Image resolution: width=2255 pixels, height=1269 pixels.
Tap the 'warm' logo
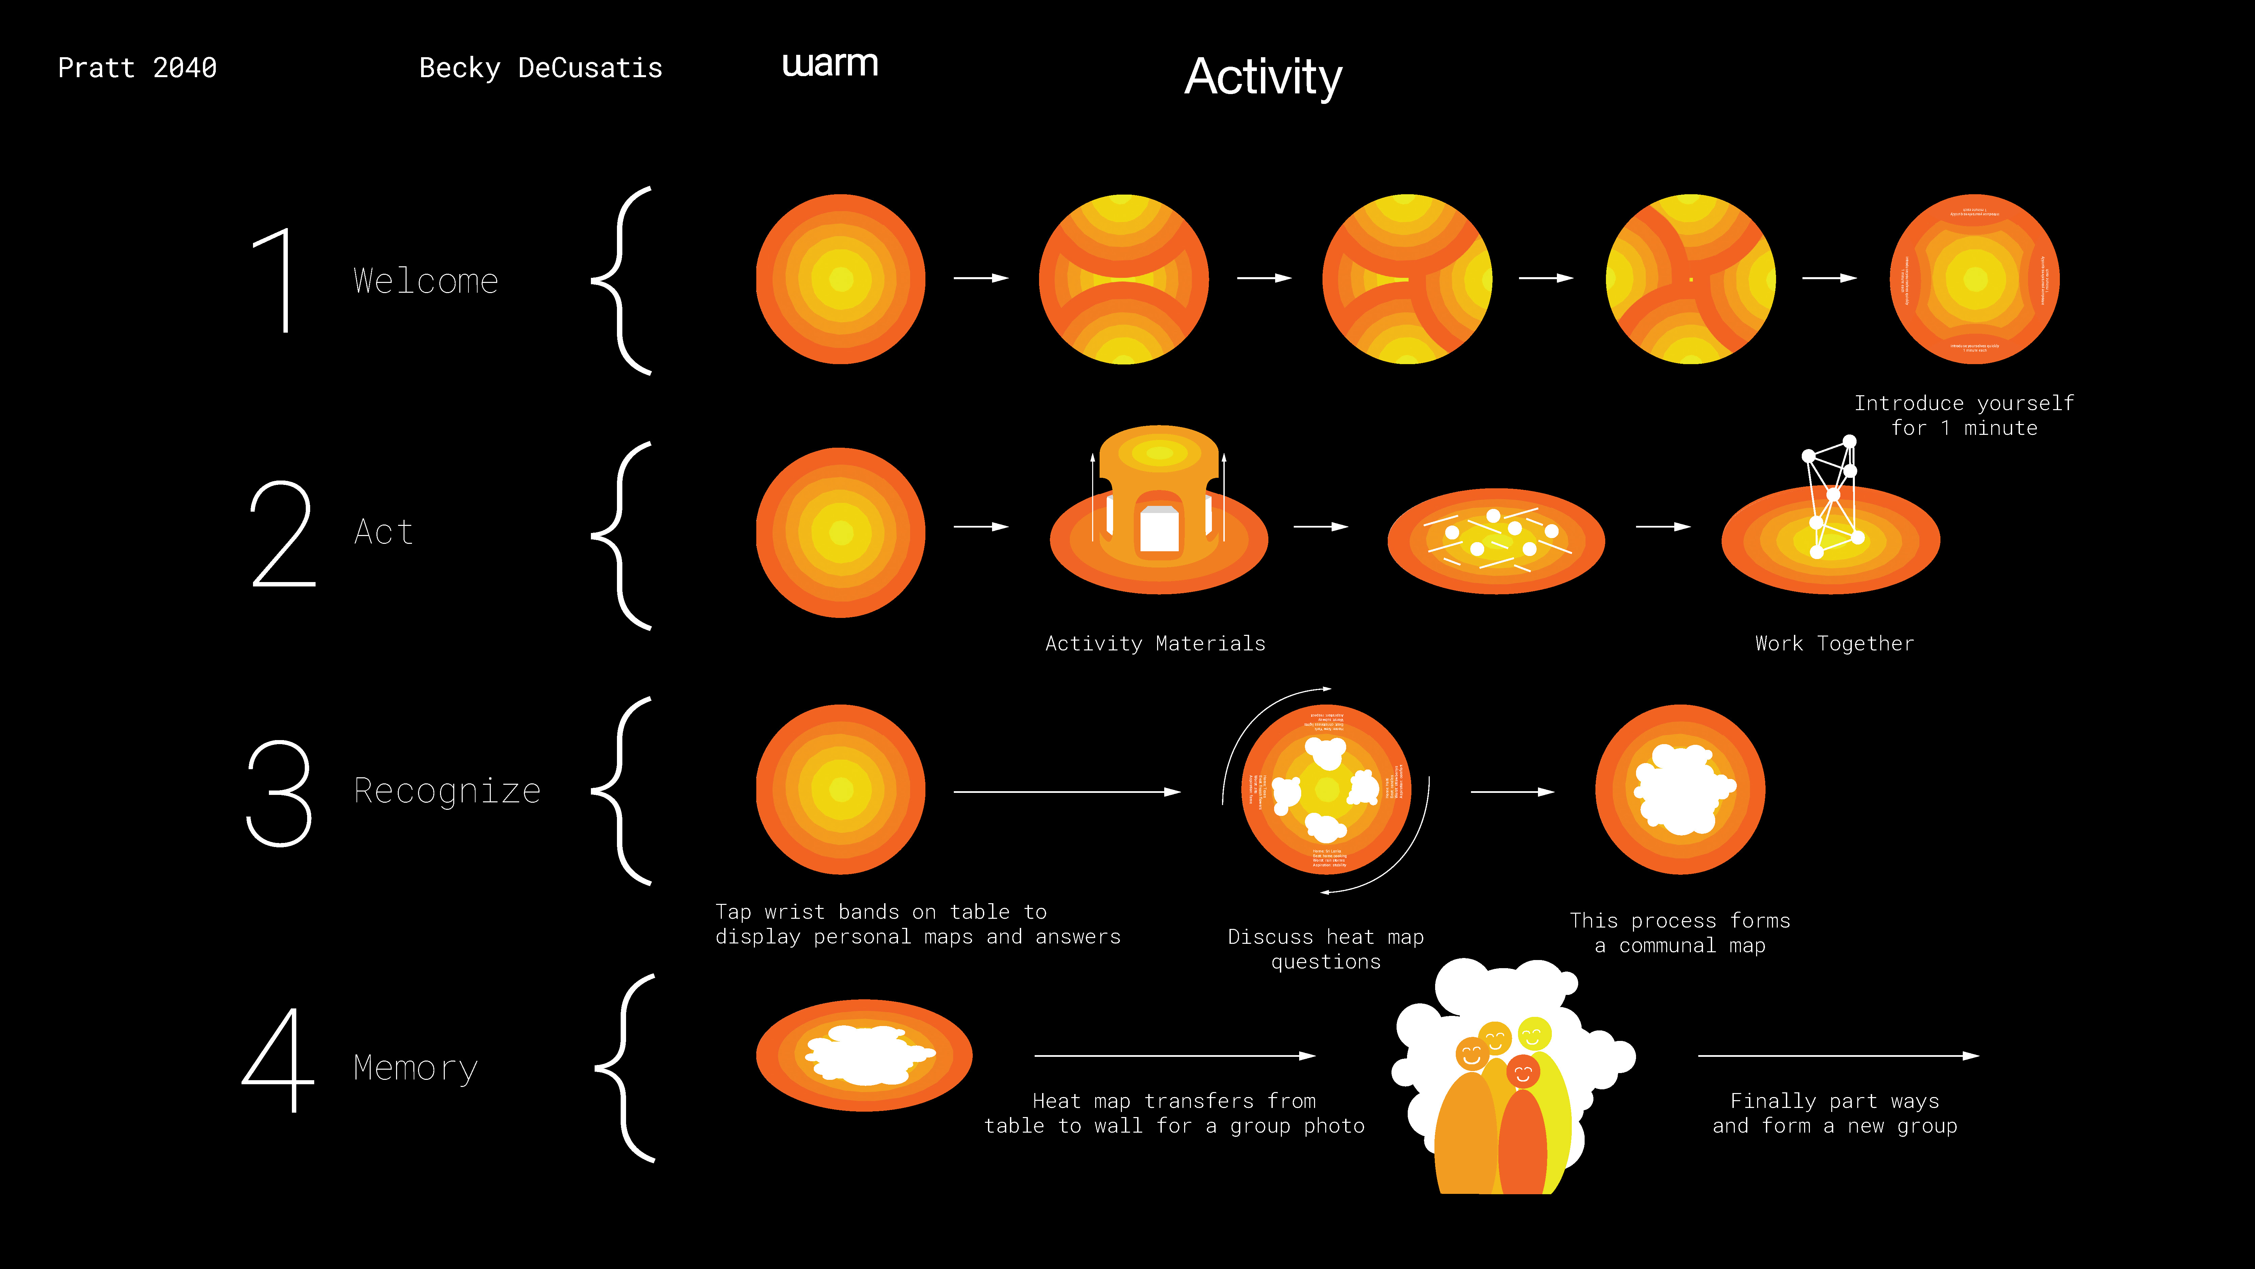click(830, 64)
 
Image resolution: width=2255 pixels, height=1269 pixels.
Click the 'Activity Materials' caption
click(1155, 644)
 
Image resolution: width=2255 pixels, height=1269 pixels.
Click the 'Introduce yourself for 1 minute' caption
click(1963, 415)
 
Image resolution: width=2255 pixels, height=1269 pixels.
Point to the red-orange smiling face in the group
click(1522, 1071)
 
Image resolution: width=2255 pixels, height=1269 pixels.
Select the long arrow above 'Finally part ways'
click(1838, 1056)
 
